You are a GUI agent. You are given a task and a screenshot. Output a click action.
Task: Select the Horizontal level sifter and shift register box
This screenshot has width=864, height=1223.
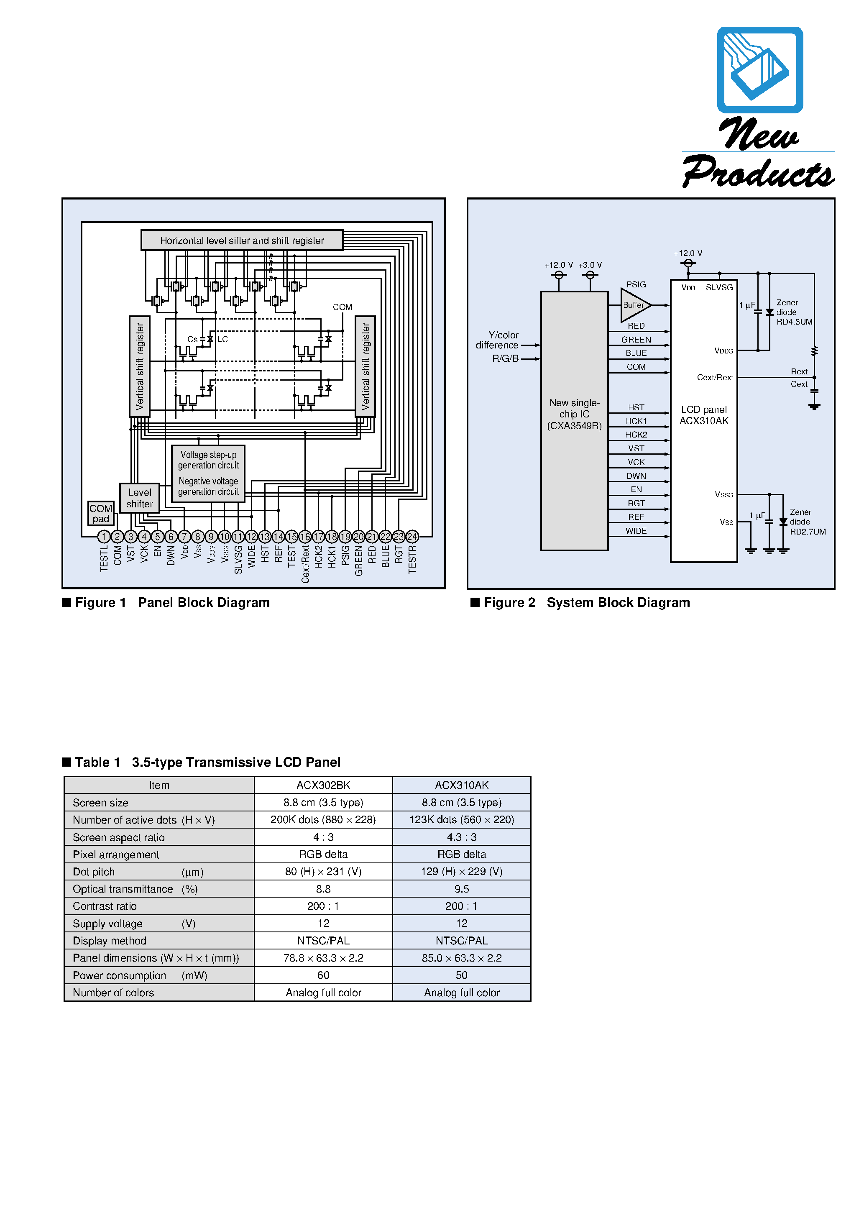point(242,240)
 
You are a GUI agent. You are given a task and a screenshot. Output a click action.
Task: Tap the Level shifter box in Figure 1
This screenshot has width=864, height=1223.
point(140,498)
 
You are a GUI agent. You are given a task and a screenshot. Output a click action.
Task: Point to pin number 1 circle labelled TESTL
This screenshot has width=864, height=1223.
point(104,536)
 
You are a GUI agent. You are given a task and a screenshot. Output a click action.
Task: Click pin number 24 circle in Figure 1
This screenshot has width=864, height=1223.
point(412,536)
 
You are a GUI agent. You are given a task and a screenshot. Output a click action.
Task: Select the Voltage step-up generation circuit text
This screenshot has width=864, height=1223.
point(208,460)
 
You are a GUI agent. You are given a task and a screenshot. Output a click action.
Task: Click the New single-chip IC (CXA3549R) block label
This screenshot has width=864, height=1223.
point(574,414)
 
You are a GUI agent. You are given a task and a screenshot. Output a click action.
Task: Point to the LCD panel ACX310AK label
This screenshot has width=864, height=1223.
point(704,415)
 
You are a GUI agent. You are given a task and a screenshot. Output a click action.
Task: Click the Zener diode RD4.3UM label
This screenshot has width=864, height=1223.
point(794,312)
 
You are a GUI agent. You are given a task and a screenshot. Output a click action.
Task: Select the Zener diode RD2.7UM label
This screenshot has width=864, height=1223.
point(807,522)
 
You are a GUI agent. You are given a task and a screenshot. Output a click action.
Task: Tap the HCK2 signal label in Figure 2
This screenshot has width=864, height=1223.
point(636,435)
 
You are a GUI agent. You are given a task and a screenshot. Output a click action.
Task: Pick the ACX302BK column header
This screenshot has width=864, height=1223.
point(323,785)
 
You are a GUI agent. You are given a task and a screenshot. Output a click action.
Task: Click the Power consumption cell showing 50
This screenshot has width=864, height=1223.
point(461,975)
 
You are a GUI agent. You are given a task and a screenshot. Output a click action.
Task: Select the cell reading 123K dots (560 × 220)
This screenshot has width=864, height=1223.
point(461,819)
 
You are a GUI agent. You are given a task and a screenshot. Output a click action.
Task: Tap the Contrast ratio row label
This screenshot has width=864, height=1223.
point(105,906)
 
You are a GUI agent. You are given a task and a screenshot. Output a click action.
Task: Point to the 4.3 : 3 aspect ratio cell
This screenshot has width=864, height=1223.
point(461,837)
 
